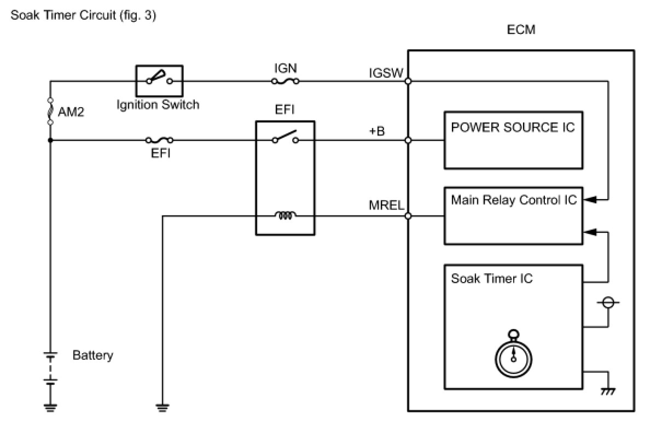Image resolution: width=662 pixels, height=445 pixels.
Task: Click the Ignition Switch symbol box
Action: [x=159, y=81]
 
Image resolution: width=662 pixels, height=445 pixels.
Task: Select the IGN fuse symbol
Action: [x=285, y=81]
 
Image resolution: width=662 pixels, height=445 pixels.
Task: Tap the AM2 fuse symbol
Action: [x=50, y=112]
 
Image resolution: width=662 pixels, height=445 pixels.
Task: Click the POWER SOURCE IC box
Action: [x=513, y=140]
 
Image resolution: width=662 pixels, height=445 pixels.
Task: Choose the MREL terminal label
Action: [x=386, y=206]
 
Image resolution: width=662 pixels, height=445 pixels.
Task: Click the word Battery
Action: [x=92, y=355]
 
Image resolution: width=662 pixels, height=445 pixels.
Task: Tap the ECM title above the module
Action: [x=520, y=30]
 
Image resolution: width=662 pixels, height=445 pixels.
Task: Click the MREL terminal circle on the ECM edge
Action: [x=408, y=216]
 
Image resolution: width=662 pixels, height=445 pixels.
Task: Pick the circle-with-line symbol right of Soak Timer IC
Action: [x=607, y=302]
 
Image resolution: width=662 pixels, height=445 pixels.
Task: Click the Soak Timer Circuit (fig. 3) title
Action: [x=83, y=16]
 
